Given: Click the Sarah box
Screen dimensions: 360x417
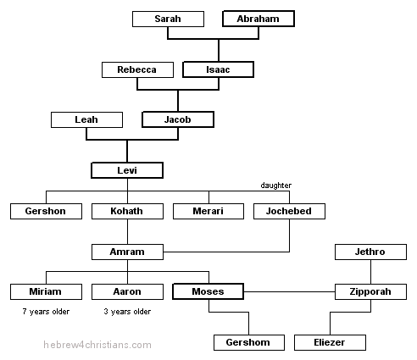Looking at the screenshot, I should coord(168,19).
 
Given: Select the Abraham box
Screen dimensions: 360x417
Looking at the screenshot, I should coord(258,19).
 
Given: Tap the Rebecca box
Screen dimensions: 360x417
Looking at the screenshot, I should coord(136,69).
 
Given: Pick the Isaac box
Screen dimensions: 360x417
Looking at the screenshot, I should coord(218,69).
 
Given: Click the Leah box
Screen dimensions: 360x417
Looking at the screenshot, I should coord(86,120).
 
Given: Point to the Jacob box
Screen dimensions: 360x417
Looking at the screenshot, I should coord(177,120).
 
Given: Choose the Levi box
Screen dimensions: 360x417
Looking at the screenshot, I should coord(126,170).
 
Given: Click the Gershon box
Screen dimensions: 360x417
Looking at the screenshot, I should coord(46,210).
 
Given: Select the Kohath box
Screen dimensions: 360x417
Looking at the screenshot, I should coord(127,210).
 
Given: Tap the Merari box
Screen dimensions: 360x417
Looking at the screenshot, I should coord(208,210).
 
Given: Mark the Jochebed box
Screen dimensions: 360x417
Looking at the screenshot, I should coord(289,210).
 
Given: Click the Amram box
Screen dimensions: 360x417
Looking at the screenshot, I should coord(127,252).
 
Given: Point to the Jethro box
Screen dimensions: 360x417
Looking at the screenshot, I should coord(370,252).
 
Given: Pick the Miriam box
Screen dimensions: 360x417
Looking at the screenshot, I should coord(46,292).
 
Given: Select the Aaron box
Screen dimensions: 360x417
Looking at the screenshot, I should coord(127,292).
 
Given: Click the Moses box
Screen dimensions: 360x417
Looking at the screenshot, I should coord(208,292).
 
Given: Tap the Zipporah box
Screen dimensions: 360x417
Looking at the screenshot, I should coord(370,292).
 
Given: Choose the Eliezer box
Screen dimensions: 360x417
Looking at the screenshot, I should coord(330,342).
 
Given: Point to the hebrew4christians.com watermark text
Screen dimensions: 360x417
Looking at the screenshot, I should coord(98,345).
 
